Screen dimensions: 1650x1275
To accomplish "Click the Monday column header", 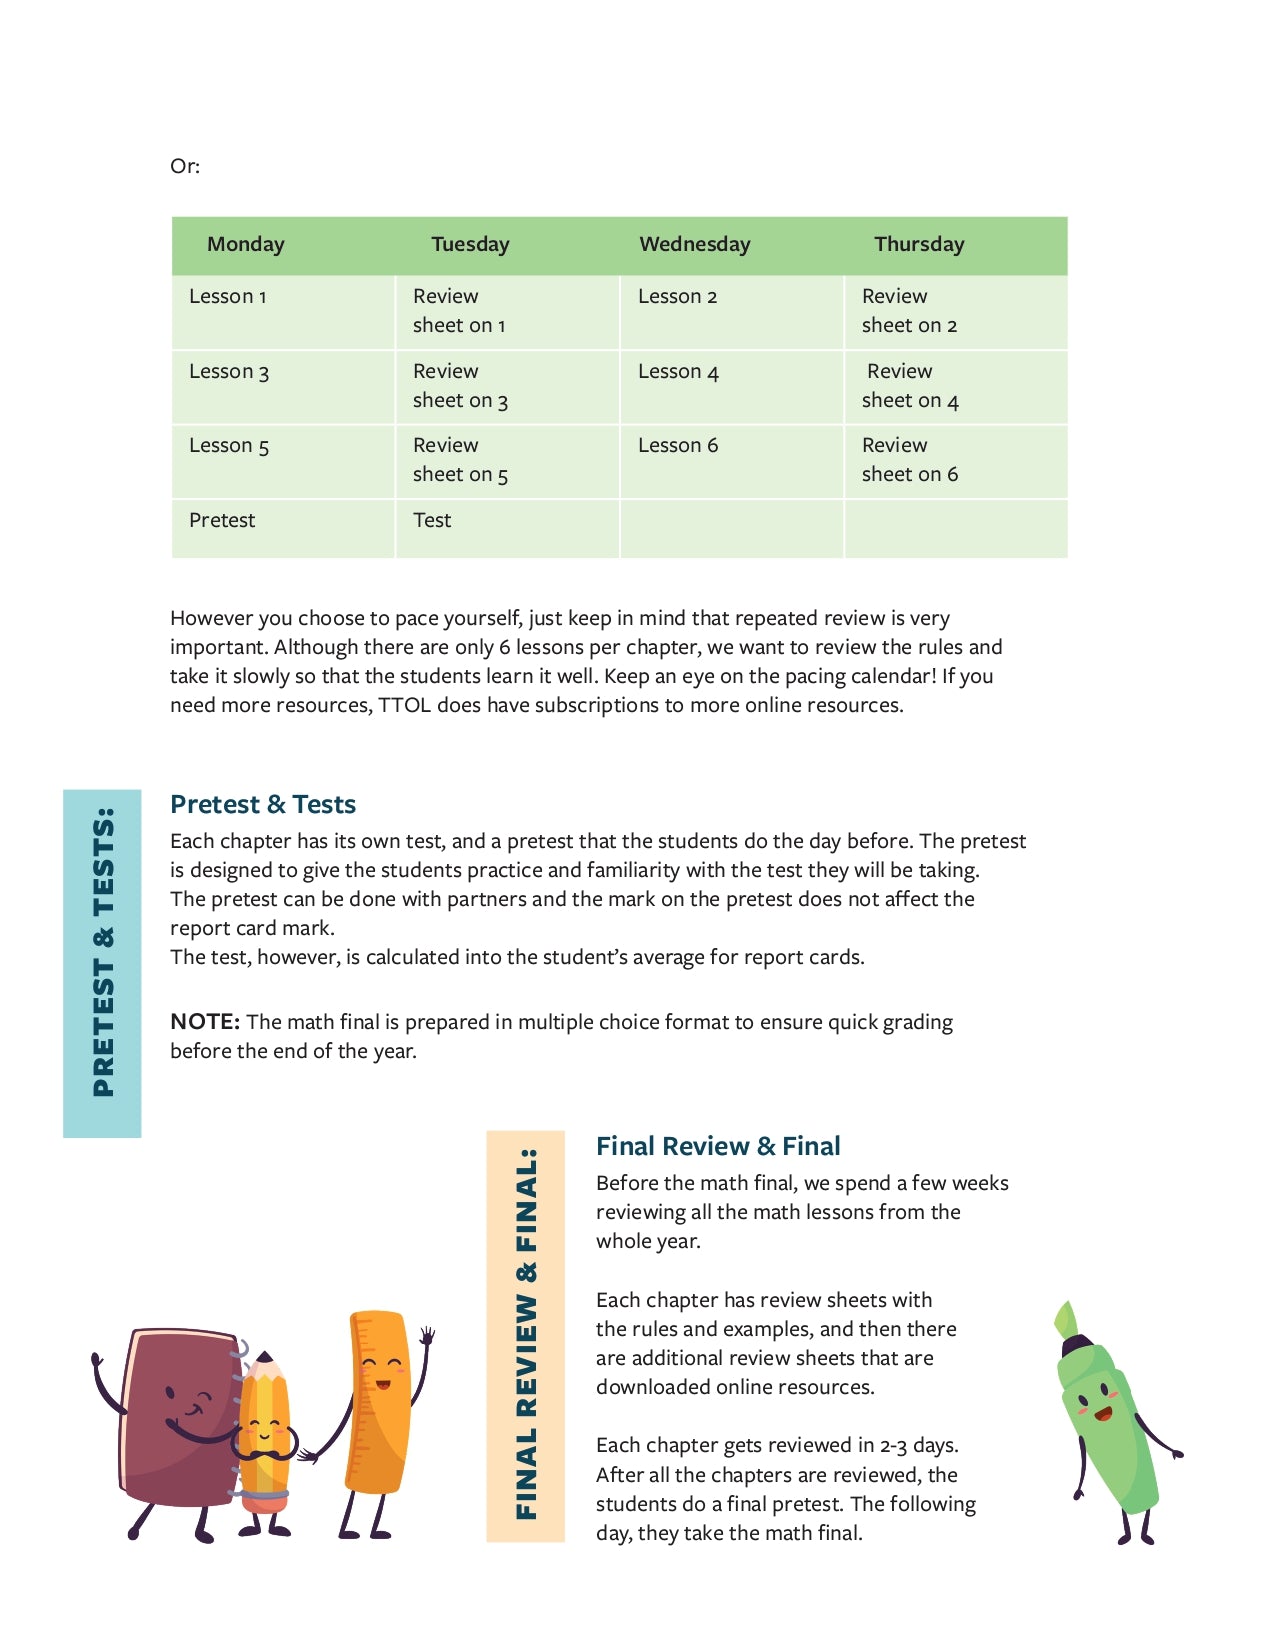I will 245,244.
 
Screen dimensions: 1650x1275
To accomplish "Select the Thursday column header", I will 918,244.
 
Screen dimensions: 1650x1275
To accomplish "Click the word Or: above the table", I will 185,166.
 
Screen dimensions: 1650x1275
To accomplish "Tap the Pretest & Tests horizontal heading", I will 263,804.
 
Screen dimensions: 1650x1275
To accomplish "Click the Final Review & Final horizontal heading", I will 718,1146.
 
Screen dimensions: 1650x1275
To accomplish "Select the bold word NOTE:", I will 204,1022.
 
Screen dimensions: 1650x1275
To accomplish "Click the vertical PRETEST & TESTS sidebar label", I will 102,962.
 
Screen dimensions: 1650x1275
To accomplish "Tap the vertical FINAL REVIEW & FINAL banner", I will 526,1336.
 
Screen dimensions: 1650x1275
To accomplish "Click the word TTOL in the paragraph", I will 404,706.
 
